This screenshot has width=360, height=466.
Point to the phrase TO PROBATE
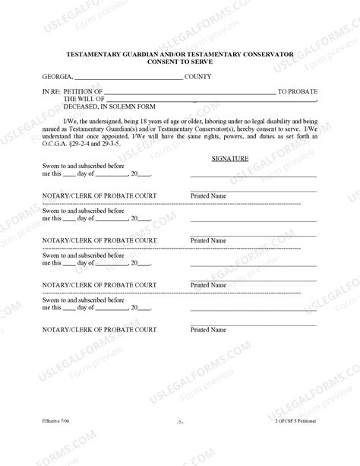click(297, 92)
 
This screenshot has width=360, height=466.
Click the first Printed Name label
click(208, 196)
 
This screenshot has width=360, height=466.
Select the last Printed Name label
click(208, 330)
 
